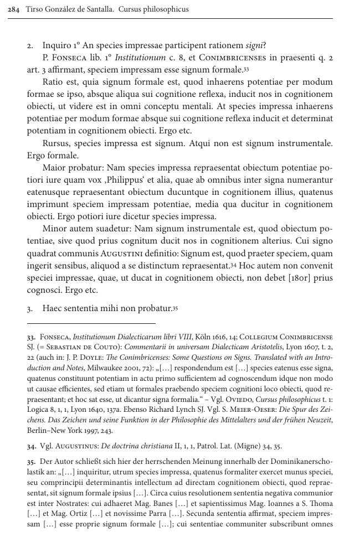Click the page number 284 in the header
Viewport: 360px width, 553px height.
[13, 9]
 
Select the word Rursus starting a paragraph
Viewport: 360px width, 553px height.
[56, 143]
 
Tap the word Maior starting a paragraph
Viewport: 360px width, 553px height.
[54, 168]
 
